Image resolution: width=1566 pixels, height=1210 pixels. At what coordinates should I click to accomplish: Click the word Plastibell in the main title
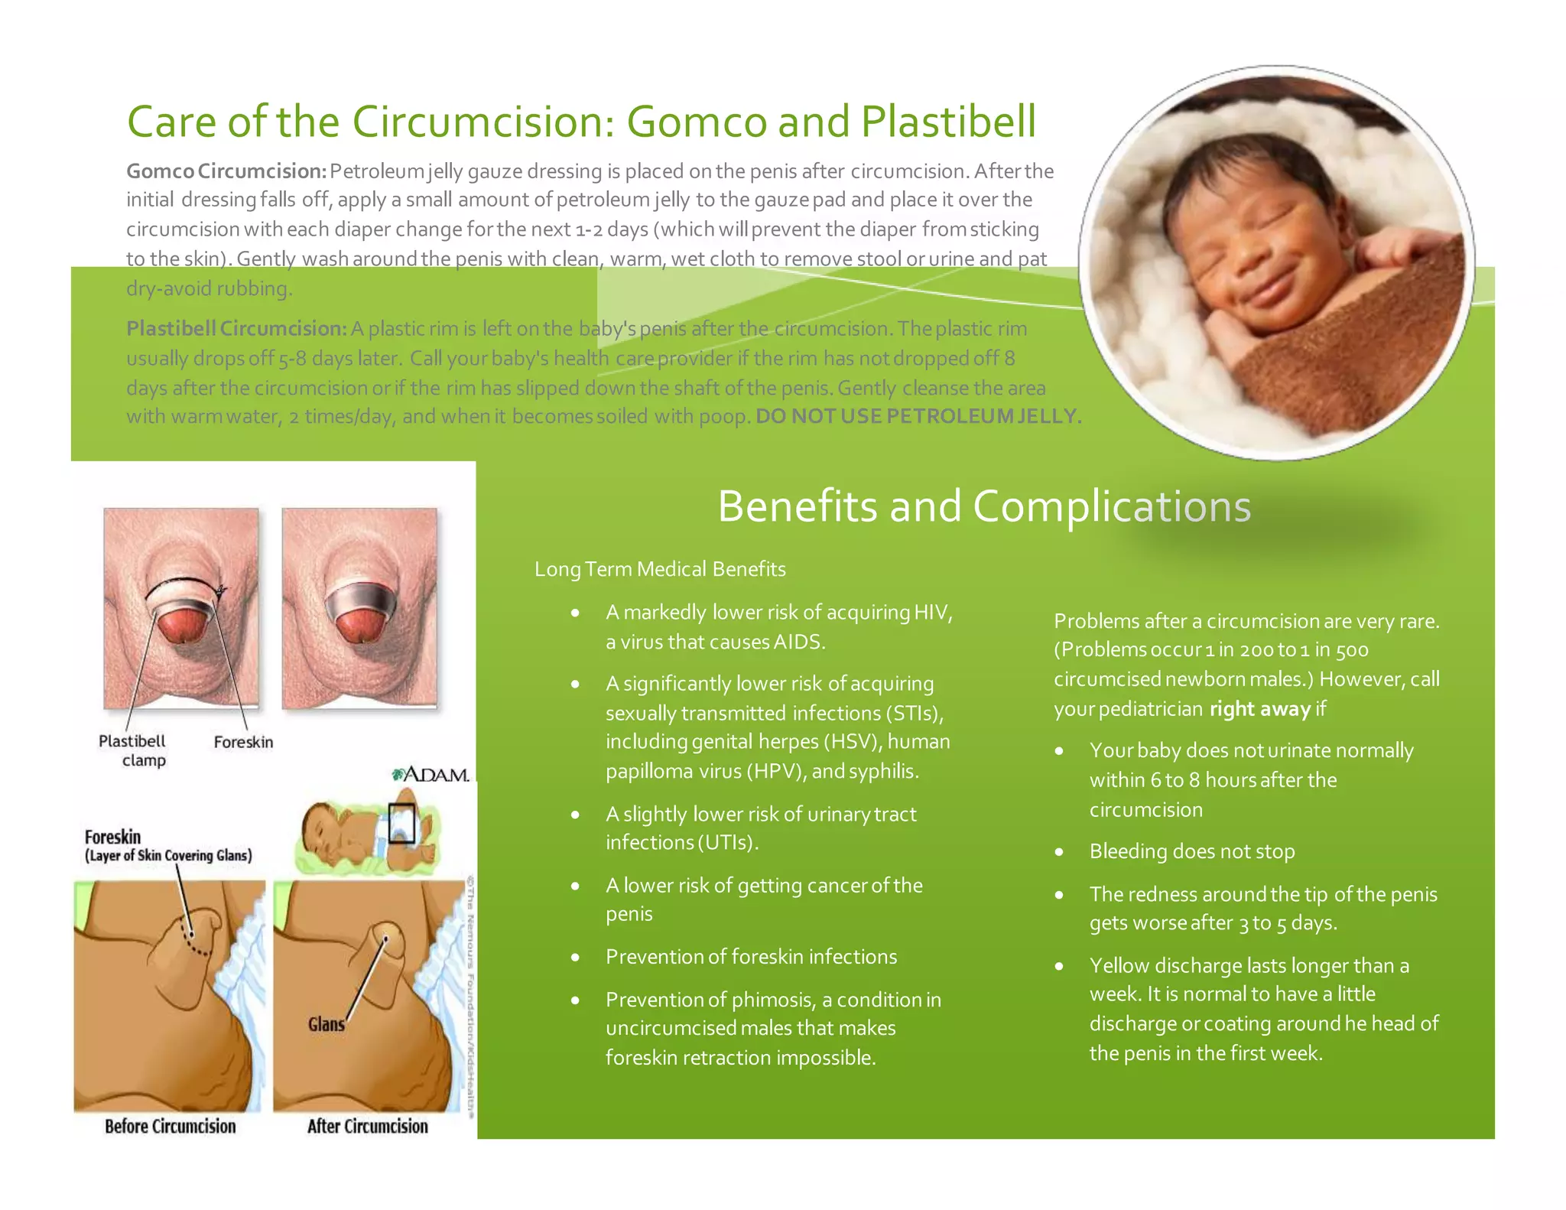click(948, 122)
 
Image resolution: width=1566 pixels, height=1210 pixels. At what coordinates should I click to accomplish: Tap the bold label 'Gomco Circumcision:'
click(226, 171)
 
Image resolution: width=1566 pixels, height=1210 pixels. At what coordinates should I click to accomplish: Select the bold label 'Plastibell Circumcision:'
click(236, 329)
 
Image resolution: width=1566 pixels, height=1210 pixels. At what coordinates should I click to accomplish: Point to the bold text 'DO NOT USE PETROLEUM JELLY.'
click(918, 417)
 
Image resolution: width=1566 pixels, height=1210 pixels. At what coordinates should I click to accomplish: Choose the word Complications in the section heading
click(1112, 506)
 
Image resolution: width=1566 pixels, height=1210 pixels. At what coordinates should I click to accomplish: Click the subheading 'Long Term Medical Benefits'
click(660, 570)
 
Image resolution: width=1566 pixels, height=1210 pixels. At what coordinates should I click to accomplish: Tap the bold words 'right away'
click(1259, 709)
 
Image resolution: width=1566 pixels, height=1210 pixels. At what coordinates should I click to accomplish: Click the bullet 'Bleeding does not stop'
click(1191, 851)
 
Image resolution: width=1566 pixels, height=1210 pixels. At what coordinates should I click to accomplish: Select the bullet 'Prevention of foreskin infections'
click(751, 957)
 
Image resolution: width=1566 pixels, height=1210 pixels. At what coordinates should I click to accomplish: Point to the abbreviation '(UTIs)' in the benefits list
click(727, 843)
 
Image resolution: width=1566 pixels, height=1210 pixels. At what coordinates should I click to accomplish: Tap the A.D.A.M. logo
click(430, 775)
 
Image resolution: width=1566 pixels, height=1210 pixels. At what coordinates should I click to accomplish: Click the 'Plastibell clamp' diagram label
click(132, 750)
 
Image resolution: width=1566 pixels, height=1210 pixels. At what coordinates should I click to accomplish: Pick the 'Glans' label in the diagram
click(327, 1024)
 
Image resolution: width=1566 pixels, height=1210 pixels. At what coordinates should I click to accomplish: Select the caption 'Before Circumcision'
click(170, 1127)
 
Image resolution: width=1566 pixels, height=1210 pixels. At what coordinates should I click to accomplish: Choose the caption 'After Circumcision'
click(367, 1127)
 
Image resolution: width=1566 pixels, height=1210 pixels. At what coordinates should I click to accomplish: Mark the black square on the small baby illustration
click(401, 824)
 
